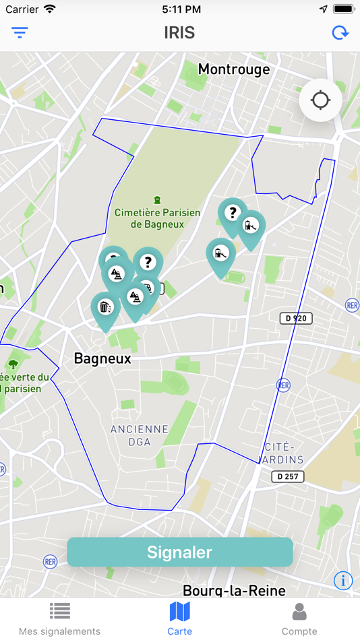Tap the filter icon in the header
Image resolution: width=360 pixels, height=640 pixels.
tap(20, 32)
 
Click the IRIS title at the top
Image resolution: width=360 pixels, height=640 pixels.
tap(179, 32)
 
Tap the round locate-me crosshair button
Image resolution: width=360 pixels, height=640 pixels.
tap(320, 100)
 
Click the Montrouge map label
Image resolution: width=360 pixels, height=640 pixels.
tap(233, 69)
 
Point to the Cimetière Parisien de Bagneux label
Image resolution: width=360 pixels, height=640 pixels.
tap(157, 218)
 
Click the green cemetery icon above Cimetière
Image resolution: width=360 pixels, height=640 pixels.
tap(157, 199)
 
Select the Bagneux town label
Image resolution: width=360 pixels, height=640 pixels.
tap(102, 358)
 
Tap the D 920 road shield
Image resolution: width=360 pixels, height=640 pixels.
tap(296, 318)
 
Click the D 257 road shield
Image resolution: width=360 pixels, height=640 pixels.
tap(288, 476)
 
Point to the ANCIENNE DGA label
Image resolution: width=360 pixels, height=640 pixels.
tap(140, 435)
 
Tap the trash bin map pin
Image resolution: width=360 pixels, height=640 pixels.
tap(104, 309)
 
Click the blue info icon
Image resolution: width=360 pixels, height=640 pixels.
tap(342, 579)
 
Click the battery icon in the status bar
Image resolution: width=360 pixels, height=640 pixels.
tap(343, 9)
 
